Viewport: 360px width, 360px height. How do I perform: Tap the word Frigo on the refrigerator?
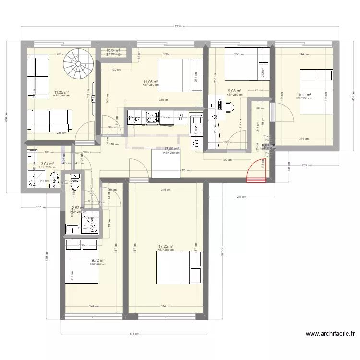pos(134,117)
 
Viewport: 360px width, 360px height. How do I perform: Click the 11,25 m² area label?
pos(61,92)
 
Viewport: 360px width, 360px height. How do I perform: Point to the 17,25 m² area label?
pos(165,247)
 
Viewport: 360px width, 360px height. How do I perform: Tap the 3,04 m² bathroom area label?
pos(48,164)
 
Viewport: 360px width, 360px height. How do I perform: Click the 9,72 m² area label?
pos(97,261)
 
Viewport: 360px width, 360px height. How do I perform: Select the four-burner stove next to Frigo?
pos(152,117)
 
